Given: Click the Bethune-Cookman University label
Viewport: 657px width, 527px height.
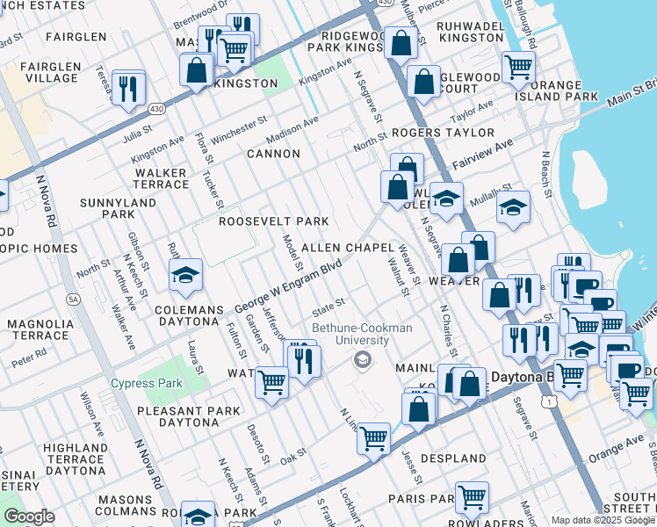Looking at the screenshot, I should [x=362, y=335].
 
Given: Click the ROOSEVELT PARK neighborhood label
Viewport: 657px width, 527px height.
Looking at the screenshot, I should [x=273, y=221].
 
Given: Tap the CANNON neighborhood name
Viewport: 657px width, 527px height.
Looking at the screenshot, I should [x=273, y=154].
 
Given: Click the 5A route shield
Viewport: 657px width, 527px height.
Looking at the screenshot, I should [x=74, y=300].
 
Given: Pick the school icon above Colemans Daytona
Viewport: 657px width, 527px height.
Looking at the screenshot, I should [x=186, y=276].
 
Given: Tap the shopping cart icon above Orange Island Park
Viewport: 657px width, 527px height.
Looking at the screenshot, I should [x=518, y=66].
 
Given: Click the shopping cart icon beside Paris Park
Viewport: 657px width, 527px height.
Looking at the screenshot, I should [x=472, y=497].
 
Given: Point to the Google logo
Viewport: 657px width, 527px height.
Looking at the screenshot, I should [x=29, y=516].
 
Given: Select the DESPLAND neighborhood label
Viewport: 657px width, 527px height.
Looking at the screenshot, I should [x=453, y=458].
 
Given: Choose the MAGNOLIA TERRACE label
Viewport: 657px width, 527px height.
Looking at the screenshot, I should [x=40, y=330].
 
